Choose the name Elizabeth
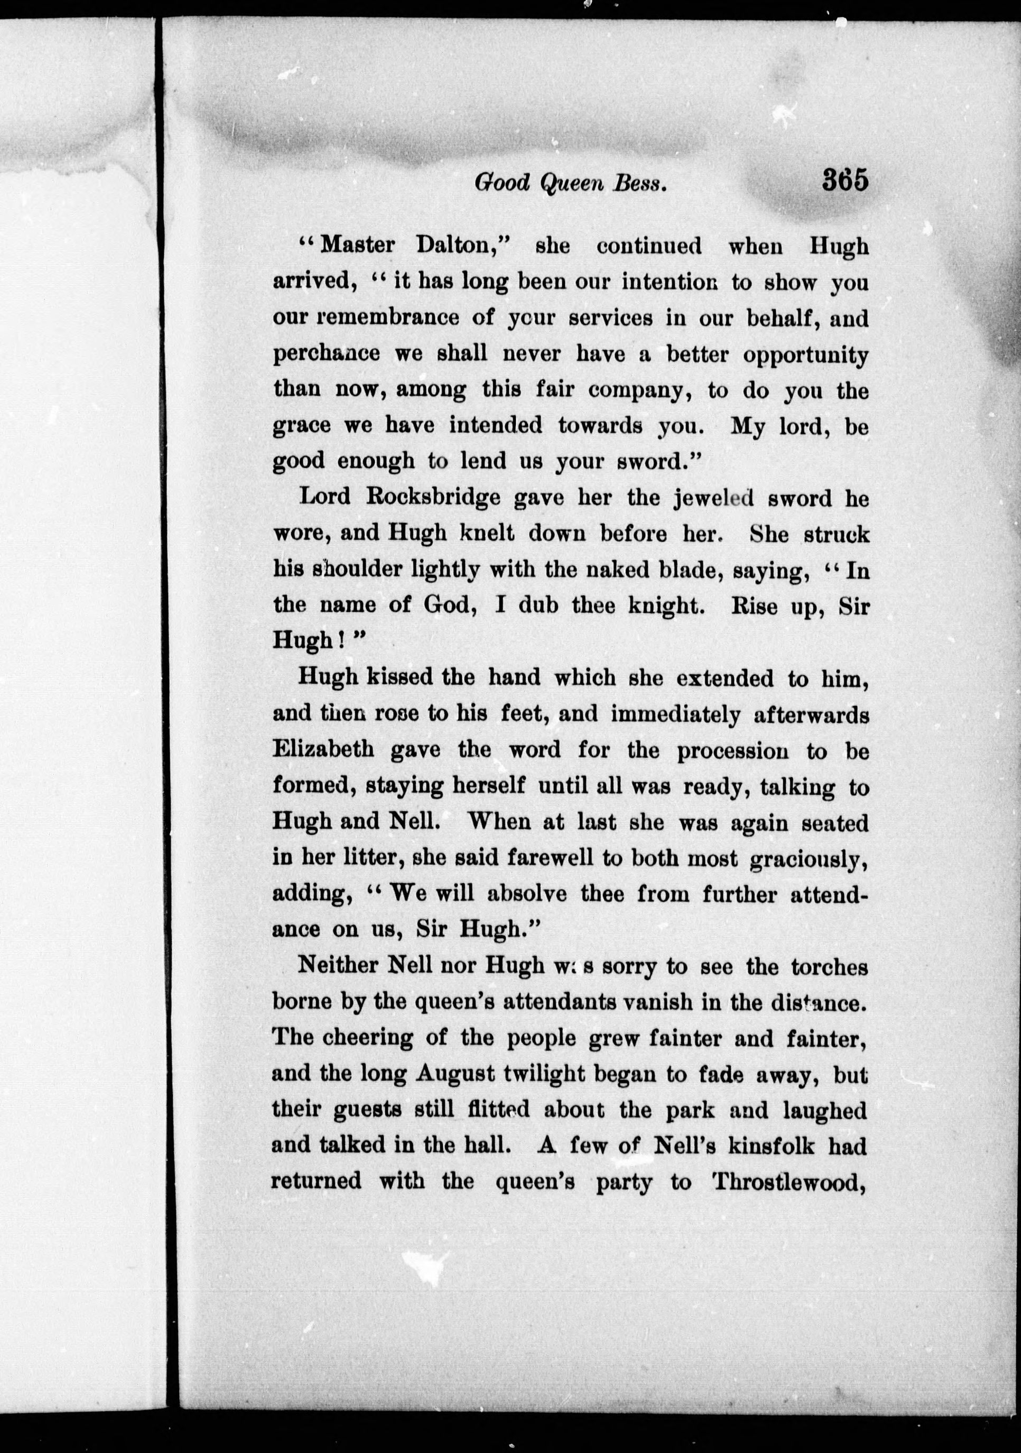point(324,749)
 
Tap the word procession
point(732,751)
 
